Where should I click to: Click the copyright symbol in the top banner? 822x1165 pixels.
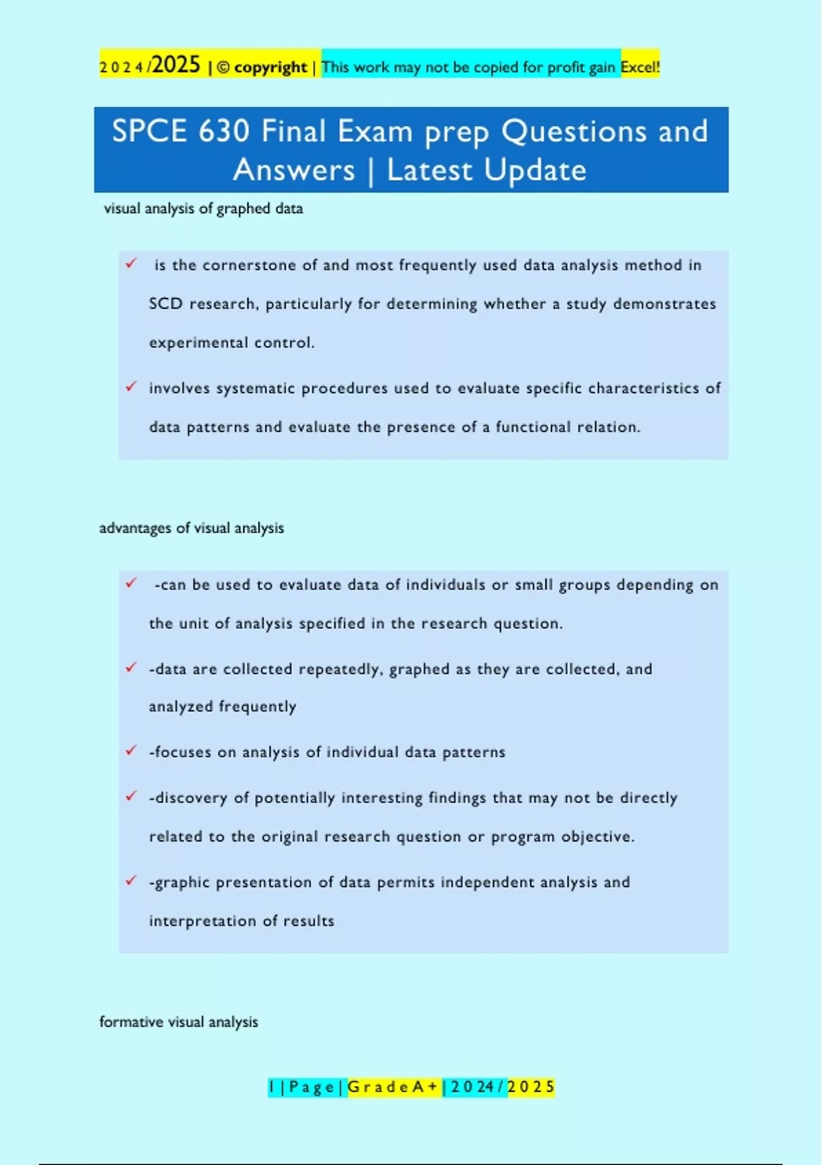click(x=223, y=68)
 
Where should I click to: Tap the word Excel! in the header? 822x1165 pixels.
click(x=640, y=67)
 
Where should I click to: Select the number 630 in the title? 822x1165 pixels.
click(x=223, y=131)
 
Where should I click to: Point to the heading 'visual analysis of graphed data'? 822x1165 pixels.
click(x=203, y=208)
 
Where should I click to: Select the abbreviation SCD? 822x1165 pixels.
click(x=166, y=304)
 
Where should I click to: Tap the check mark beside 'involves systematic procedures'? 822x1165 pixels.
click(x=131, y=387)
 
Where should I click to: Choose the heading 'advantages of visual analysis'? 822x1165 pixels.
click(x=191, y=528)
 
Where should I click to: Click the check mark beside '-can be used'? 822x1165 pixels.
click(x=131, y=583)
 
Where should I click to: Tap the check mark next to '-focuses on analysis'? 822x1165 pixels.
click(x=131, y=750)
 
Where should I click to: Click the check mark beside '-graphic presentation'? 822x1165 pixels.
click(x=131, y=881)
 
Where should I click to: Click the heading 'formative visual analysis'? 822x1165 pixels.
click(x=178, y=1022)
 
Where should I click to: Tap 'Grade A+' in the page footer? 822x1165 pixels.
click(x=393, y=1087)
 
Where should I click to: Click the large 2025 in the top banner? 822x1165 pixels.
click(x=177, y=65)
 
